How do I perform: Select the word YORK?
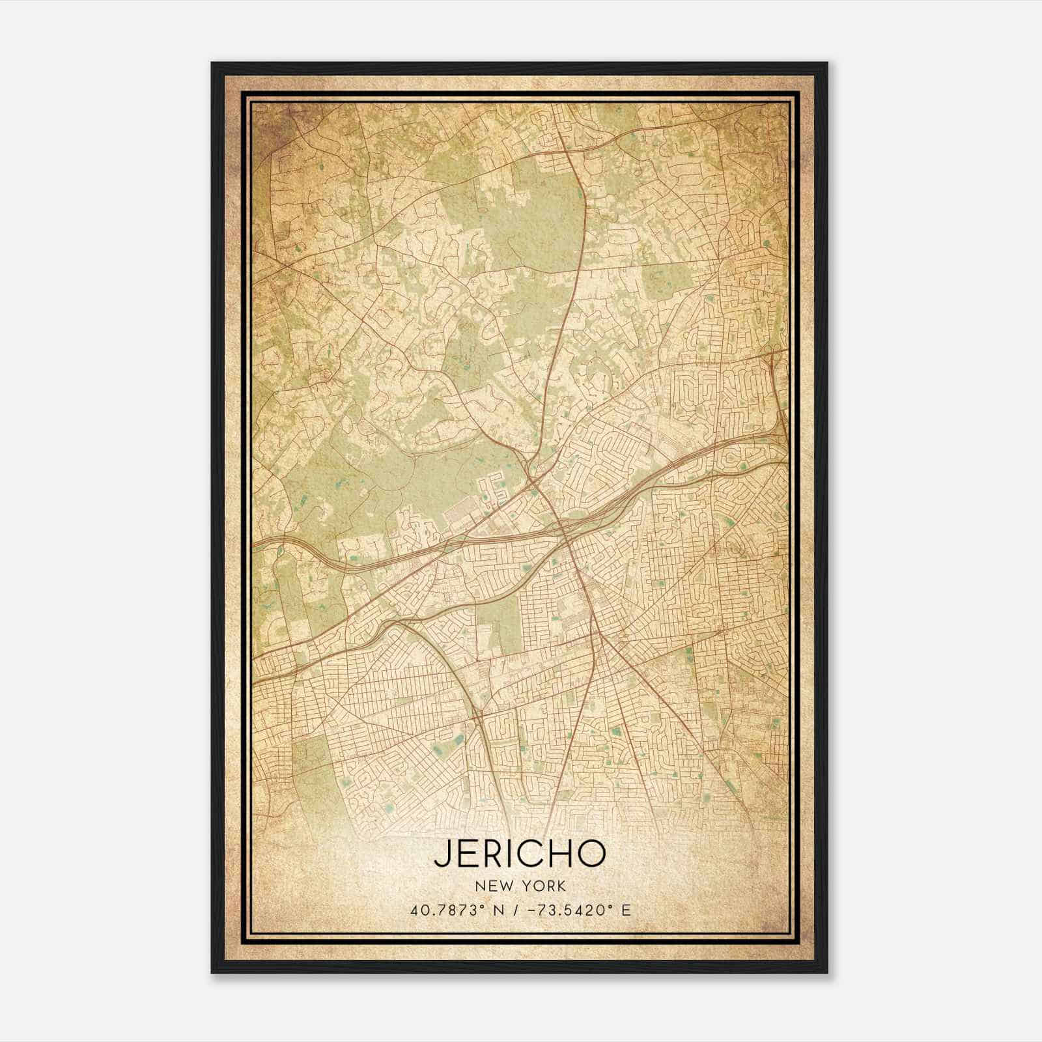(544, 886)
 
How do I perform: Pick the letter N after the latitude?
(500, 910)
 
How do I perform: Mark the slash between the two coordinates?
(516, 910)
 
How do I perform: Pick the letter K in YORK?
(561, 886)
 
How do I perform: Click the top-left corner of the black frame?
(212, 63)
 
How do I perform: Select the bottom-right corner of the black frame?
(827, 973)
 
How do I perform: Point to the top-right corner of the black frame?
(827, 63)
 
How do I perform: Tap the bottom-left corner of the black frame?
(212, 973)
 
